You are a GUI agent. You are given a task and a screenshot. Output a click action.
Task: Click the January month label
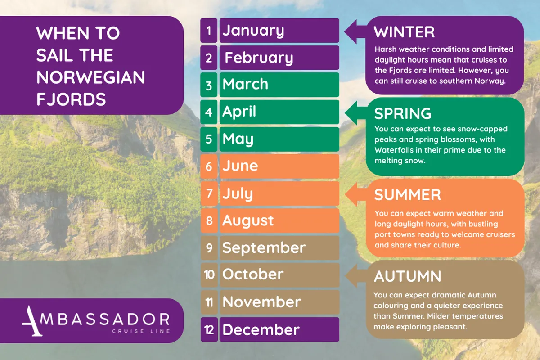253,31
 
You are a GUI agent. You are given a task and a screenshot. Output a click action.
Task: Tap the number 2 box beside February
209,58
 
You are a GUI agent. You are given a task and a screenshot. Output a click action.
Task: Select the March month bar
279,85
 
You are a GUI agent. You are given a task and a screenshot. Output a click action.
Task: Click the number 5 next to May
209,139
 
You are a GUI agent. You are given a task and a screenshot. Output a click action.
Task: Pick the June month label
240,166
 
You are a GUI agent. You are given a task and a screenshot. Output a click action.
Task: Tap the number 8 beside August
209,220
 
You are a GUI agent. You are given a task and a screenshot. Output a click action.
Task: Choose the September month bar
279,248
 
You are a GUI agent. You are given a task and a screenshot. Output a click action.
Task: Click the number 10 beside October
209,275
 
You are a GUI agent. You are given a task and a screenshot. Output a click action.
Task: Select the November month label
261,302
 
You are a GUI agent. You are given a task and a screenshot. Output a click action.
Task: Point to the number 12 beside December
209,330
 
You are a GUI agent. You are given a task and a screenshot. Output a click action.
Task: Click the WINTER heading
404,32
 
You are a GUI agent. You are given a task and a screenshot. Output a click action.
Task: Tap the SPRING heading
403,113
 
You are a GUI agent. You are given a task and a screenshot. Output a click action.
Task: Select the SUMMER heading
407,195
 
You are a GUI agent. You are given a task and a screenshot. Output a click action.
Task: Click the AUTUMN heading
408,276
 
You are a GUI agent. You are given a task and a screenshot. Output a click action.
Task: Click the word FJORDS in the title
71,99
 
